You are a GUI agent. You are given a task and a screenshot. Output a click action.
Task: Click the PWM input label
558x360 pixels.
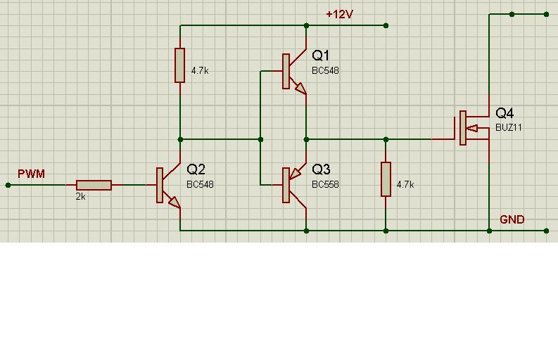[32, 174]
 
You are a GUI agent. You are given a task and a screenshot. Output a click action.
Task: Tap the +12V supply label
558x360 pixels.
[339, 14]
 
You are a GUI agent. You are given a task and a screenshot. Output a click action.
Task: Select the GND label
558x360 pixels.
[512, 219]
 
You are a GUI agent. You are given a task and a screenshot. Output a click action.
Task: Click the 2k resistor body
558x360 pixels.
[94, 185]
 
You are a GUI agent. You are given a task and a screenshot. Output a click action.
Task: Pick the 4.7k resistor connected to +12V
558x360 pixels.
[179, 65]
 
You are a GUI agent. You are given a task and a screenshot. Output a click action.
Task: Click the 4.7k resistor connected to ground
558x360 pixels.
[386, 179]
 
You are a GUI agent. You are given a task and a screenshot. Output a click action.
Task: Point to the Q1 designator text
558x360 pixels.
[321, 56]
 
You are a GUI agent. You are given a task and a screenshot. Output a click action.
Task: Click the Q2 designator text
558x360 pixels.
[196, 169]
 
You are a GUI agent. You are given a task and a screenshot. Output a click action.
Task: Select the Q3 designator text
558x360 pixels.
[321, 169]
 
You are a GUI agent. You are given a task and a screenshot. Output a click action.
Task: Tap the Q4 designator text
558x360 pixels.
[505, 113]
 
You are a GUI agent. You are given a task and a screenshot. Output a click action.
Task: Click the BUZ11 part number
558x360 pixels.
[509, 127]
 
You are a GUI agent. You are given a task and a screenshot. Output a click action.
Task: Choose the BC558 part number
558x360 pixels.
[325, 184]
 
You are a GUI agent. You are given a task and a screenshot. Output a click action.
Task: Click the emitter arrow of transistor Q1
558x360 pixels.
[300, 88]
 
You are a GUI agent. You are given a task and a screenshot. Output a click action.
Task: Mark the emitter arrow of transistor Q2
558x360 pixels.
[175, 202]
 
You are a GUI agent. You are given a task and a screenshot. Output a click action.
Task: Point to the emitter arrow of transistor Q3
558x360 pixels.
[295, 173]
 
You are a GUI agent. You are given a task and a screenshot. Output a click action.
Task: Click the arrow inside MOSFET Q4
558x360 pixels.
[472, 128]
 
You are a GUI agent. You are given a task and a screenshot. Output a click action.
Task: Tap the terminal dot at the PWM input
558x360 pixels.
[8, 185]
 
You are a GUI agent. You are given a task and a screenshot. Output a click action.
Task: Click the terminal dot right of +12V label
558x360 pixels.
[386, 25]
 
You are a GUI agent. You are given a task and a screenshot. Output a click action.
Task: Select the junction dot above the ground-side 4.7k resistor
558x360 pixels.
[386, 139]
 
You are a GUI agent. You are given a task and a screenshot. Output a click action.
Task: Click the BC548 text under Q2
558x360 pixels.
[200, 184]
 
